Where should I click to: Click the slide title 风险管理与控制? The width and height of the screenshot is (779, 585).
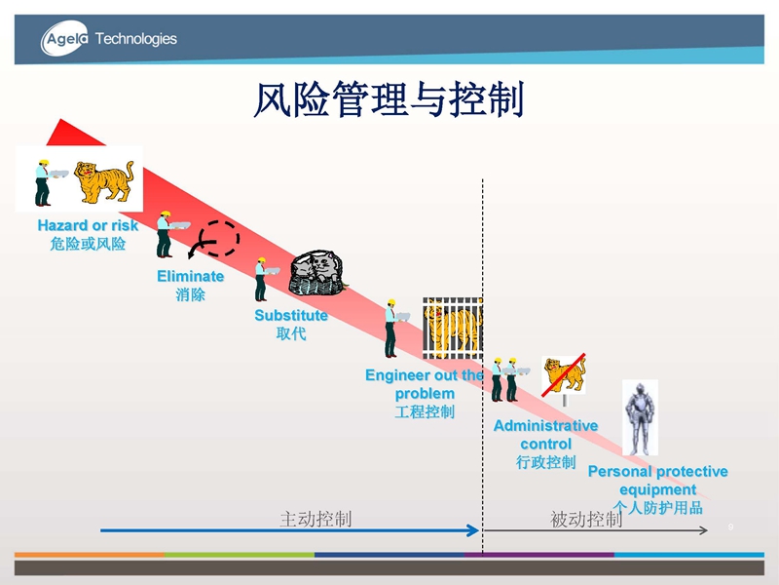(x=389, y=99)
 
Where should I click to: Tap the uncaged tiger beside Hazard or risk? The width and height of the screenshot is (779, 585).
(x=104, y=182)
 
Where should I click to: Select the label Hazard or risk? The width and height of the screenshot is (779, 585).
(x=88, y=225)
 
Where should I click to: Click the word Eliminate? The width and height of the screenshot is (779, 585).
(x=190, y=276)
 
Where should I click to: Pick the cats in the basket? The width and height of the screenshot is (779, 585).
(x=316, y=273)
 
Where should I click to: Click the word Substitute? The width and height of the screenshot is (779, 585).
(x=291, y=315)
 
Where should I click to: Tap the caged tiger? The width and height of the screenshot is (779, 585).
(x=453, y=329)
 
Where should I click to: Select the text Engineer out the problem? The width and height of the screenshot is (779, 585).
(x=425, y=384)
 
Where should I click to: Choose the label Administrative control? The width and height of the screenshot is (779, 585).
(x=546, y=435)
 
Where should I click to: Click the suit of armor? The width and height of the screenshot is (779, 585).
(x=640, y=418)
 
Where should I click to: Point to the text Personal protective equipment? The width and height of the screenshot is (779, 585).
(x=658, y=480)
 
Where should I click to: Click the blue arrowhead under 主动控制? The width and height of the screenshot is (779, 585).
(x=473, y=530)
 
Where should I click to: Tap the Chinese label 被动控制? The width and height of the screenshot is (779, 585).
(x=586, y=520)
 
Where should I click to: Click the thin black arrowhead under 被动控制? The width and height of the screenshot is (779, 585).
(x=704, y=530)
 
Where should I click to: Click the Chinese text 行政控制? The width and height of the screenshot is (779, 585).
(x=546, y=462)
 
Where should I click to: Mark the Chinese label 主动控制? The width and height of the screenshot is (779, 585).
(x=315, y=520)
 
